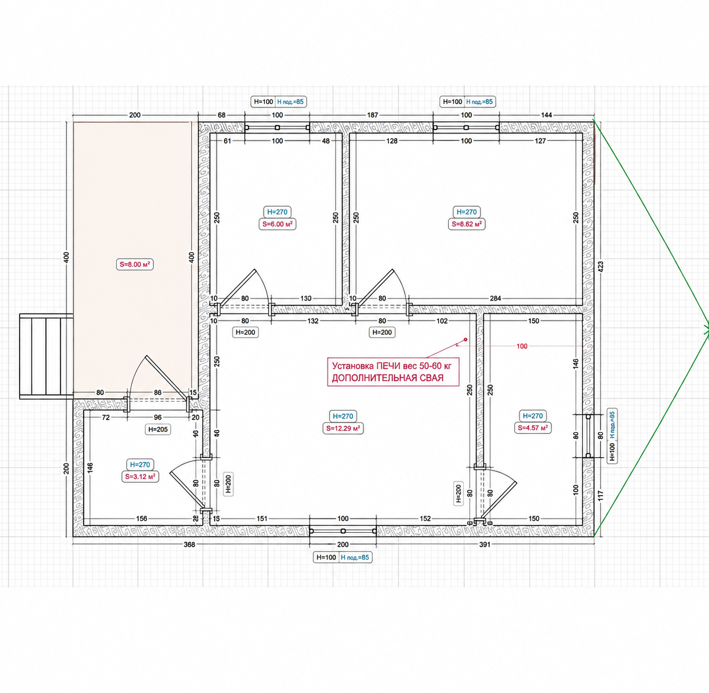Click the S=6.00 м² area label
click(x=277, y=224)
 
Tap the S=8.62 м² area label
click(x=467, y=224)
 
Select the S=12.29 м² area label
click(x=343, y=428)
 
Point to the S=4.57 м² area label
click(x=532, y=428)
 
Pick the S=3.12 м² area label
click(x=140, y=477)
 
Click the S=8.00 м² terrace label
click(x=135, y=264)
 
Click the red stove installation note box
click(x=393, y=372)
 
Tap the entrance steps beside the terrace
click(x=46, y=357)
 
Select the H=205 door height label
click(x=158, y=430)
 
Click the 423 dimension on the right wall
click(x=601, y=267)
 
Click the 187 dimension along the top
click(x=372, y=115)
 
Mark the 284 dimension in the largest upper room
click(x=496, y=298)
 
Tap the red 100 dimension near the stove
click(x=522, y=346)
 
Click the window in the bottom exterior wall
click(x=343, y=531)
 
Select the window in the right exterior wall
click(x=588, y=436)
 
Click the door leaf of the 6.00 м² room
click(x=237, y=287)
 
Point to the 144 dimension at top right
click(x=546, y=115)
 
